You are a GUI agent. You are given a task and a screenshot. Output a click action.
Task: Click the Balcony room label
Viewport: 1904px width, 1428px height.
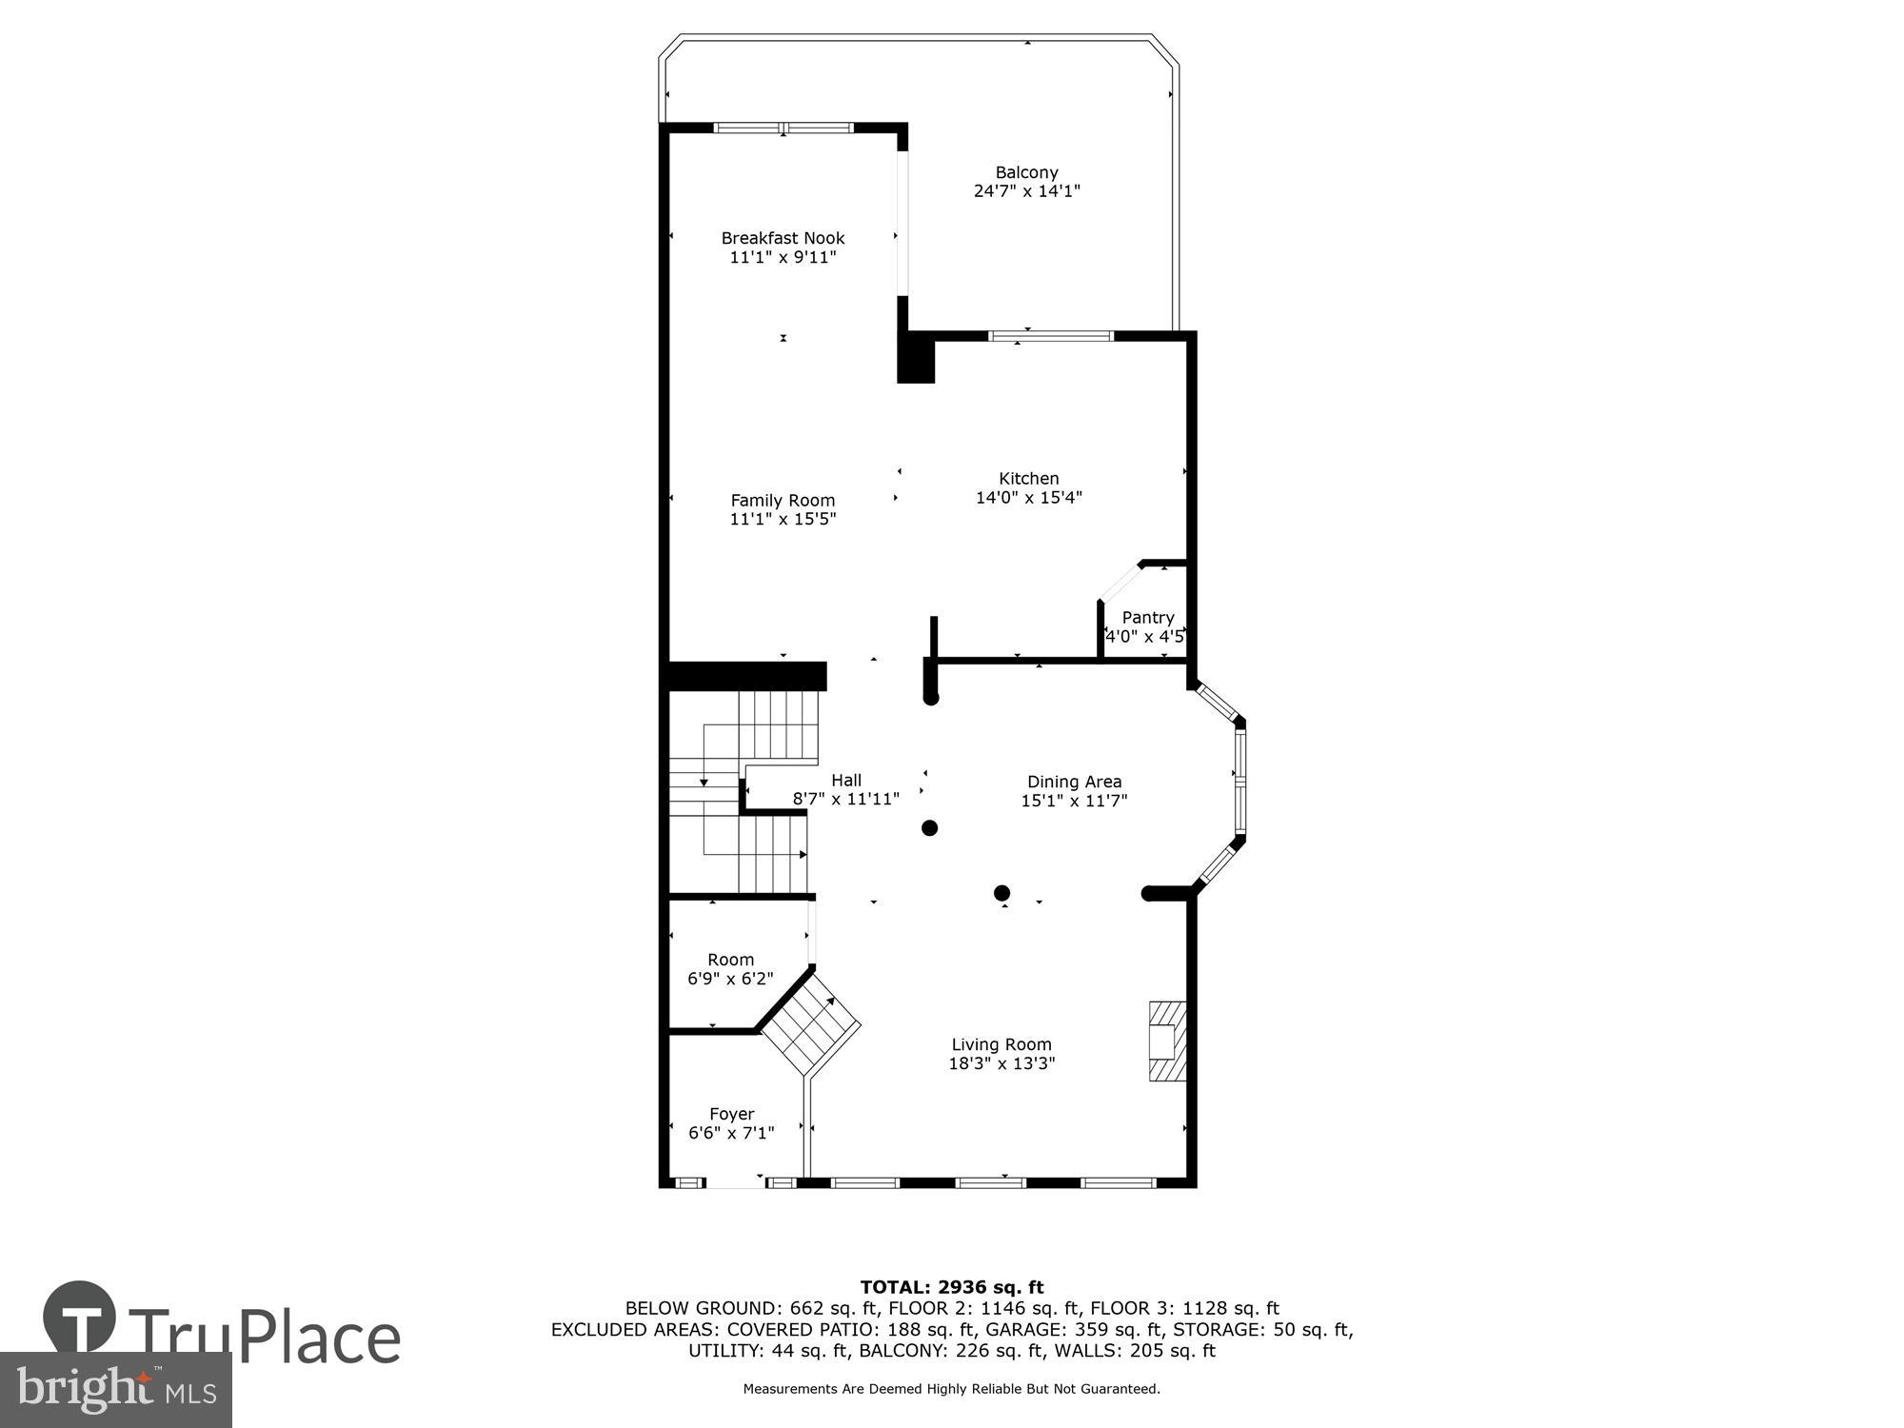pyautogui.click(x=1026, y=173)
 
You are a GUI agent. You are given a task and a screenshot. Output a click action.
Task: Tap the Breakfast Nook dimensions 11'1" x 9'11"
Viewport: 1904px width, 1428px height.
pyautogui.click(x=783, y=257)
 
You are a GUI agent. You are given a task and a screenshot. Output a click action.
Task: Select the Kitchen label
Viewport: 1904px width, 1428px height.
pyautogui.click(x=1028, y=479)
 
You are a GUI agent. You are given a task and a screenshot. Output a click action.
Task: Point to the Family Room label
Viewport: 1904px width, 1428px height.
pyautogui.click(x=783, y=501)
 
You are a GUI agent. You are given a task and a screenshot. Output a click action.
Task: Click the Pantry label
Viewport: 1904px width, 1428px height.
pyautogui.click(x=1147, y=618)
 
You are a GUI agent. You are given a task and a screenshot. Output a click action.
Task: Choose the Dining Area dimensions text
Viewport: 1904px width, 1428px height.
pyautogui.click(x=1074, y=801)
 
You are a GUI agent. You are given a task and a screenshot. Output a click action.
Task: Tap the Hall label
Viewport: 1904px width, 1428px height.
pyautogui.click(x=845, y=781)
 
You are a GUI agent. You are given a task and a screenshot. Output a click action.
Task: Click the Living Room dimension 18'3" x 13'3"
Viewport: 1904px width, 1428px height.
pyautogui.click(x=1002, y=1063)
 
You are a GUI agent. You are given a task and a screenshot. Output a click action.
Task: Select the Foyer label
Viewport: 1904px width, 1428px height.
pyautogui.click(x=731, y=1114)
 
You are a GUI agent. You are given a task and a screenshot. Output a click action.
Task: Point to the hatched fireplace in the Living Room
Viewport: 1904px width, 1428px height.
pyautogui.click(x=1168, y=1041)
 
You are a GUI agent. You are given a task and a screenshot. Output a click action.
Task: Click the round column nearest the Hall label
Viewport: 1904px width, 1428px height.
pyautogui.click(x=929, y=828)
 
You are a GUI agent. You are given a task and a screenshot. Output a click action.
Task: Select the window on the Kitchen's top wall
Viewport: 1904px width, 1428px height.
pyautogui.click(x=1051, y=336)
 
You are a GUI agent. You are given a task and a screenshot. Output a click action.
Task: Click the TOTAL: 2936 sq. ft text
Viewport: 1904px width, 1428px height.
pyautogui.click(x=952, y=1288)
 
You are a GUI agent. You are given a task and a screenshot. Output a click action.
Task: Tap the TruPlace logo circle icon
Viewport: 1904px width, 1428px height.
pyautogui.click(x=79, y=1319)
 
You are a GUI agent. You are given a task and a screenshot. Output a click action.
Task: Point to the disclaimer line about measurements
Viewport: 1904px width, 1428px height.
pyautogui.click(x=951, y=1389)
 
